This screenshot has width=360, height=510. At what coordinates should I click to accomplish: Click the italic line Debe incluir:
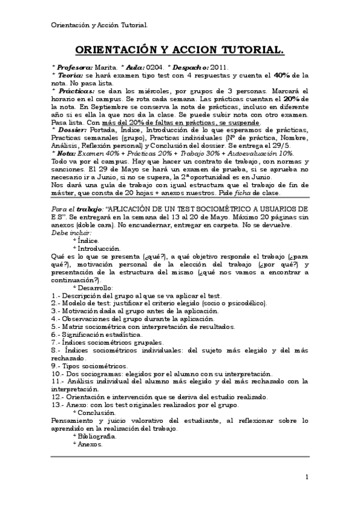point(72,232)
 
